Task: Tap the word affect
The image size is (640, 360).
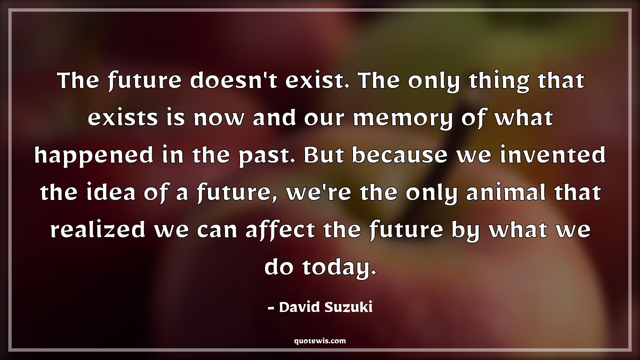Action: [x=280, y=231]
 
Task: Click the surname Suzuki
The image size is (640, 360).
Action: [x=348, y=308]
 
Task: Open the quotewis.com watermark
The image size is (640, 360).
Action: [x=320, y=341]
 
